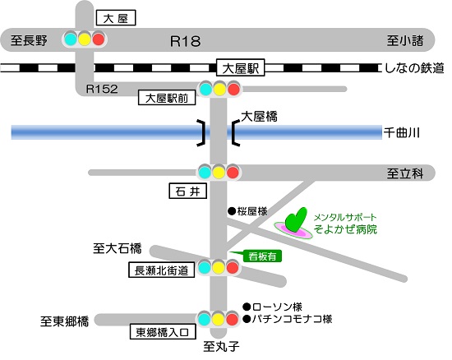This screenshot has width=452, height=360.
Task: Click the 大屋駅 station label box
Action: (x=241, y=68)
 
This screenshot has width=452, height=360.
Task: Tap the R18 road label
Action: (x=185, y=41)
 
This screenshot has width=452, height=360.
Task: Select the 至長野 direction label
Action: (x=29, y=40)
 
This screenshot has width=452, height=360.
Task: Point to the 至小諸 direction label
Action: (x=405, y=40)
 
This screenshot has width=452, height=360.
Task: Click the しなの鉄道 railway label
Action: (x=414, y=68)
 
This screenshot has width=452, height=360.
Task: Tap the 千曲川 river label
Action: (x=401, y=133)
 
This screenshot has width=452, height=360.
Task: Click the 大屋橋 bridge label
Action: (x=259, y=117)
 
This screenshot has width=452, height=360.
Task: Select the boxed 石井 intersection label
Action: (x=187, y=192)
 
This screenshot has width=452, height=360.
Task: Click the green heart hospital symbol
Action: (x=295, y=220)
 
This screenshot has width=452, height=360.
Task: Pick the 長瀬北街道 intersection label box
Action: (x=161, y=270)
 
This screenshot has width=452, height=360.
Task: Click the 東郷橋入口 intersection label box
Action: (x=163, y=332)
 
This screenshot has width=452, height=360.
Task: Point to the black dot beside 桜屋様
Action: (x=232, y=211)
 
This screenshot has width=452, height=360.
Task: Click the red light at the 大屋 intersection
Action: (x=99, y=39)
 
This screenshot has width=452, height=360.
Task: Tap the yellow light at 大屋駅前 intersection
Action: (x=219, y=89)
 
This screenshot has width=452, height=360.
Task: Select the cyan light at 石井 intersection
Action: (x=205, y=173)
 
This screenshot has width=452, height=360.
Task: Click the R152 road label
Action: (x=102, y=89)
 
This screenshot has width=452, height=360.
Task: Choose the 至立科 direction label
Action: (x=405, y=173)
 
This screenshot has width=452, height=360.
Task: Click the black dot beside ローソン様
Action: (x=247, y=307)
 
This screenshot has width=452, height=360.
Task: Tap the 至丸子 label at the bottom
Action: (x=221, y=346)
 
